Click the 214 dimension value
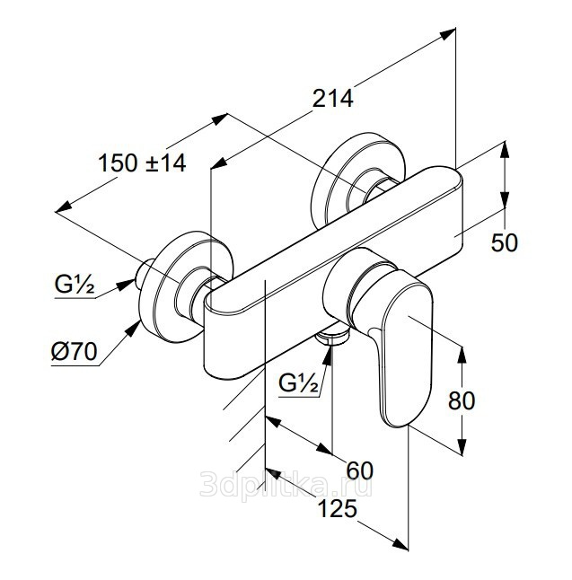pos(333,99)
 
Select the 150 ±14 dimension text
pos(142,163)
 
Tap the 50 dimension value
pos(505,243)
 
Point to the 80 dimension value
pos(462,400)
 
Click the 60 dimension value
pos(359,470)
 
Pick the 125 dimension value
pos(338,508)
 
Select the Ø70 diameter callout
pos(74,351)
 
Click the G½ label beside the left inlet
pos(75,285)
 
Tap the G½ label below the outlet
pos(298,383)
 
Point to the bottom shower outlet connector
pos(332,337)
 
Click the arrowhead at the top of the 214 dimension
pos(448,34)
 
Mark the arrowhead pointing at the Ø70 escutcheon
pos(134,328)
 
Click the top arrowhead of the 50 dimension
pos(505,152)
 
